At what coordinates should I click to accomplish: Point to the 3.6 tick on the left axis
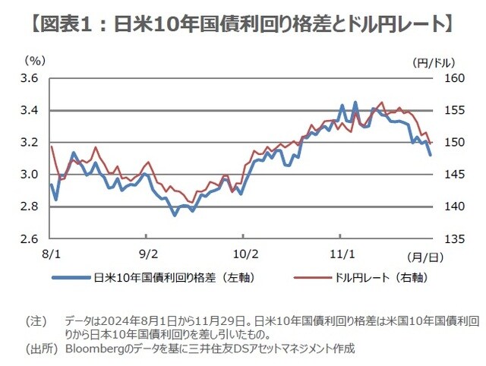pos(32,78)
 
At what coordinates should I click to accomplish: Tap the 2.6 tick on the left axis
pos(32,238)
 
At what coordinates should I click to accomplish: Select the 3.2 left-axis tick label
pos(32,143)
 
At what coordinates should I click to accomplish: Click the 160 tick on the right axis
pos(453,78)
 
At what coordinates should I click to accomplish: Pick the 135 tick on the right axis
pos(453,238)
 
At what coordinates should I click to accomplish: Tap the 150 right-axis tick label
pos(453,143)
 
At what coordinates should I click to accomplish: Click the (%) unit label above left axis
pos(35,60)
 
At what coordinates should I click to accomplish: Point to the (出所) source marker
pos(39,349)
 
